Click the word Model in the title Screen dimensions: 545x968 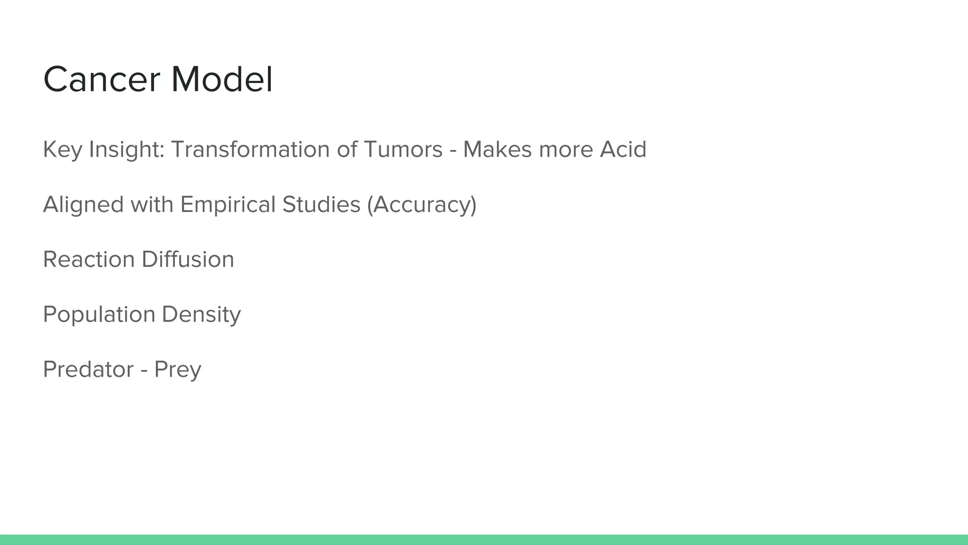click(222, 79)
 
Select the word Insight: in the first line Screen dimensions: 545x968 click(127, 149)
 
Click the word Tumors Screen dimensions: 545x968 click(403, 149)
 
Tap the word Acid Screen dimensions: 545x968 click(623, 149)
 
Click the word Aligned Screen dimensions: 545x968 click(83, 204)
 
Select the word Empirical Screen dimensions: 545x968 click(228, 204)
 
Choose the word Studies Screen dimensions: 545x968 click(321, 204)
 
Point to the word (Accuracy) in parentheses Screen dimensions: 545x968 click(422, 204)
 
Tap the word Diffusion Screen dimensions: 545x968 click(188, 259)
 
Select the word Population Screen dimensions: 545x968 click(99, 314)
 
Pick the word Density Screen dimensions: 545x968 click(201, 314)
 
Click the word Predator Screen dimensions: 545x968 click(88, 369)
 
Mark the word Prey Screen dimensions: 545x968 click(178, 370)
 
